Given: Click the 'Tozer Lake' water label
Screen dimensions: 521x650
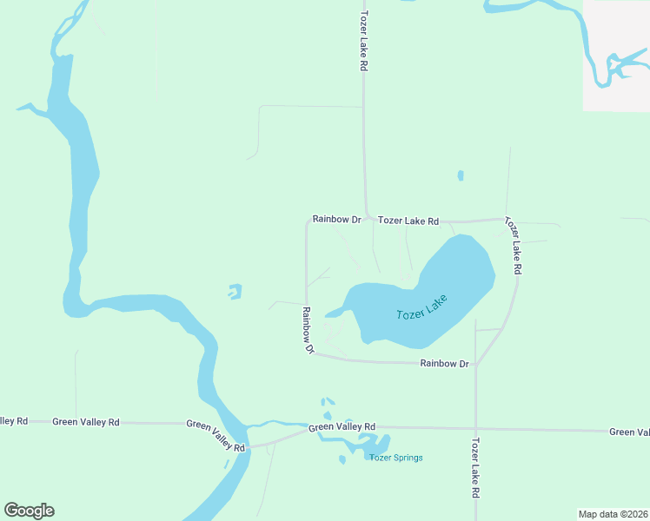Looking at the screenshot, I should pos(421,307).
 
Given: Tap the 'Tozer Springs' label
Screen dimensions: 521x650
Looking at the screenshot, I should pos(395,458).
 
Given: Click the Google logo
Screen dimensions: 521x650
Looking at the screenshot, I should pos(29,511).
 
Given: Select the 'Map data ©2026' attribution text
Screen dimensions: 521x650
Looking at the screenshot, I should pos(613,513).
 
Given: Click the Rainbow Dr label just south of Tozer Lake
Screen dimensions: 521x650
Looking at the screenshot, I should pos(445,364).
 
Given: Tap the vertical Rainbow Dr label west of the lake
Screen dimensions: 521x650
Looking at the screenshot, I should pos(307,331).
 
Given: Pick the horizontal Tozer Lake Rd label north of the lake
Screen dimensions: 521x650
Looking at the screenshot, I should pos(408,221).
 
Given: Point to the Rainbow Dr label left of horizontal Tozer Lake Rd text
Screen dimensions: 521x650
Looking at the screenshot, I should pos(336,220).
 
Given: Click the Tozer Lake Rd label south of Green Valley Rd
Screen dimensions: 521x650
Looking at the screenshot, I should pos(475,467).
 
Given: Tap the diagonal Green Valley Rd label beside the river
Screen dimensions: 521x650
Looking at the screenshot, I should pos(216,434).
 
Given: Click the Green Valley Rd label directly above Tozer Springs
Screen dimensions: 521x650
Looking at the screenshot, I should pos(342,427).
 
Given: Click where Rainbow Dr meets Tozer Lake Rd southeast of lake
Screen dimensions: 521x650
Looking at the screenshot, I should pos(476,364).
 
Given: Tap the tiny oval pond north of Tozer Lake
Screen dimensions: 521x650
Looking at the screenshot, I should pos(460,175).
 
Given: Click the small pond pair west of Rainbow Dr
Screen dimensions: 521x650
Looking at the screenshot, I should pos(235,292).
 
